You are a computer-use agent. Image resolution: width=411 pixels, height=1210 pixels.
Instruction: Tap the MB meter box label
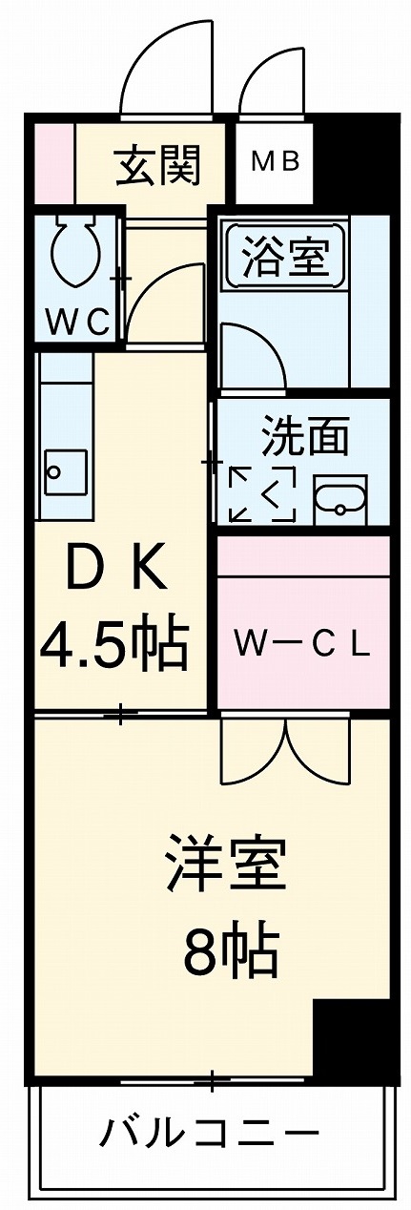(x=276, y=161)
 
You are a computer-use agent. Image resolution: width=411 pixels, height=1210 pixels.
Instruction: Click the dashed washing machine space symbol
(x=261, y=494)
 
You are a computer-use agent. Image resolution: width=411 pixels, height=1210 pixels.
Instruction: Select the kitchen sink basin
(x=65, y=470)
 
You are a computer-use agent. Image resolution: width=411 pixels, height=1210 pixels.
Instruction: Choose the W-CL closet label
(x=302, y=646)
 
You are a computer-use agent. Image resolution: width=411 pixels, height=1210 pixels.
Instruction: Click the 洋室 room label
(x=225, y=862)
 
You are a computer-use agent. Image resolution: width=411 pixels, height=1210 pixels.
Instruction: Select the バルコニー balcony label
(x=209, y=1136)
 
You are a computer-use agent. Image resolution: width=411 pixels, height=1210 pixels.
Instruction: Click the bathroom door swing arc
(x=253, y=355)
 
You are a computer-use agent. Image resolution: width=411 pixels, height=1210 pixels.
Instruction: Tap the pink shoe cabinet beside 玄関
(x=54, y=159)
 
